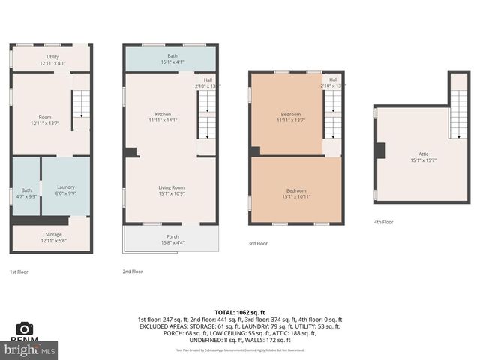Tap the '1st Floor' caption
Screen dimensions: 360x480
click(19, 271)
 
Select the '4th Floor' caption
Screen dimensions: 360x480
click(383, 222)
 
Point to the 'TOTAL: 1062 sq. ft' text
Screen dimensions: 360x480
click(240, 312)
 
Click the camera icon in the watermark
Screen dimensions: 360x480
click(25, 328)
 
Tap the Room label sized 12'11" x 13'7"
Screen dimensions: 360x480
click(45, 120)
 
